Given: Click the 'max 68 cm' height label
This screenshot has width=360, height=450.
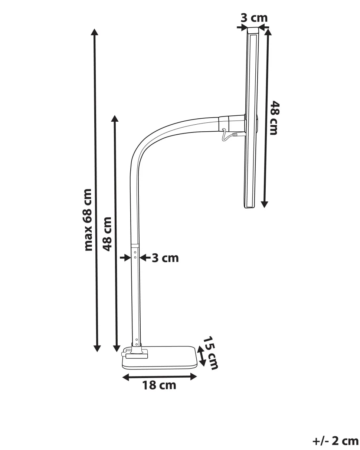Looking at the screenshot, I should coord(88,220).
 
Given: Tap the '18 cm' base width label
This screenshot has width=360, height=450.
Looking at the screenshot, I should coord(159,385).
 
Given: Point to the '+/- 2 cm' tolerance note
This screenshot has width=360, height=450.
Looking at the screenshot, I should coord(336,441).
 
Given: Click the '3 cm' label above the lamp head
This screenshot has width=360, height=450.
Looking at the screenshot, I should coord(254,18).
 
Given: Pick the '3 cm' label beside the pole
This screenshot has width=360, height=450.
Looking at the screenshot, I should coord(166,258).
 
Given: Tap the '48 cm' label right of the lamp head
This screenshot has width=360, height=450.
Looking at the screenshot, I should coord(274,118).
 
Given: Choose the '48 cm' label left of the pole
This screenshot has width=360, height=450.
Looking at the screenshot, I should coord(107,234).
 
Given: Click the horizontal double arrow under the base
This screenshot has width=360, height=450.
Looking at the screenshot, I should coord(160,377).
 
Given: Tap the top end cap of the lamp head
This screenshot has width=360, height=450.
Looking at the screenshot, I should coord(253,30).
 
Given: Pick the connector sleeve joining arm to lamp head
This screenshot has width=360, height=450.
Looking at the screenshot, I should coord(231,123).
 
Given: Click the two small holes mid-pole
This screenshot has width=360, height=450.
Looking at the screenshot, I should coord(135,254).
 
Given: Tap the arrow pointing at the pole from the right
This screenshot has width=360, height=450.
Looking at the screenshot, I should coord(145,257).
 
